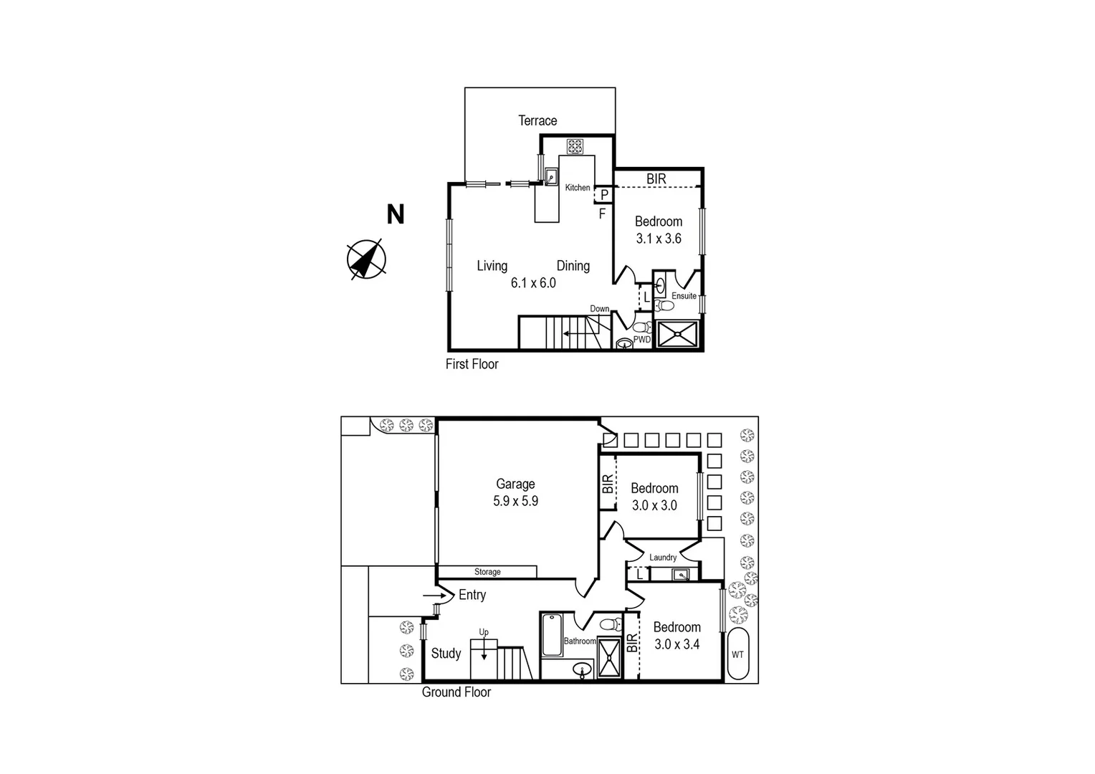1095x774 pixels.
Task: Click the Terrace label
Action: click(537, 120)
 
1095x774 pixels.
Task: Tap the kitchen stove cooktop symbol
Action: click(575, 147)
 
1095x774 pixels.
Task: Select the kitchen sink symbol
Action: click(551, 176)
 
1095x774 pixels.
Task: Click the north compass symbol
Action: click(366, 259)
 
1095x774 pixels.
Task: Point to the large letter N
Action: click(396, 214)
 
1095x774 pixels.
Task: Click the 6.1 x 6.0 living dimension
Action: click(533, 283)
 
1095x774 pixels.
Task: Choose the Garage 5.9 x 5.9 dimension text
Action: click(515, 501)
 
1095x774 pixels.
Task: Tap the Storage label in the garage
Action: click(487, 572)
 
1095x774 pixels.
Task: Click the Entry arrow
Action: click(433, 595)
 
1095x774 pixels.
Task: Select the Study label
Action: click(446, 654)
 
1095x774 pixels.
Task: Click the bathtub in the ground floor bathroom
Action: click(551, 635)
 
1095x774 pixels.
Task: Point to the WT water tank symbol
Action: click(737, 654)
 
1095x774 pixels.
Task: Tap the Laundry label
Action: click(663, 558)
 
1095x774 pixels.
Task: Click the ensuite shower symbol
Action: click(677, 335)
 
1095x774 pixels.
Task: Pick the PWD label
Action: click(642, 340)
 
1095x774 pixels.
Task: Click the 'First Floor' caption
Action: click(472, 364)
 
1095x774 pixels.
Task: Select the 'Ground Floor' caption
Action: click(456, 692)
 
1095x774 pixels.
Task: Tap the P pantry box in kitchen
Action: click(604, 194)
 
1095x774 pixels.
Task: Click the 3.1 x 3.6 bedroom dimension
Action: click(659, 239)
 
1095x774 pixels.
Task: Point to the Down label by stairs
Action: click(599, 309)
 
